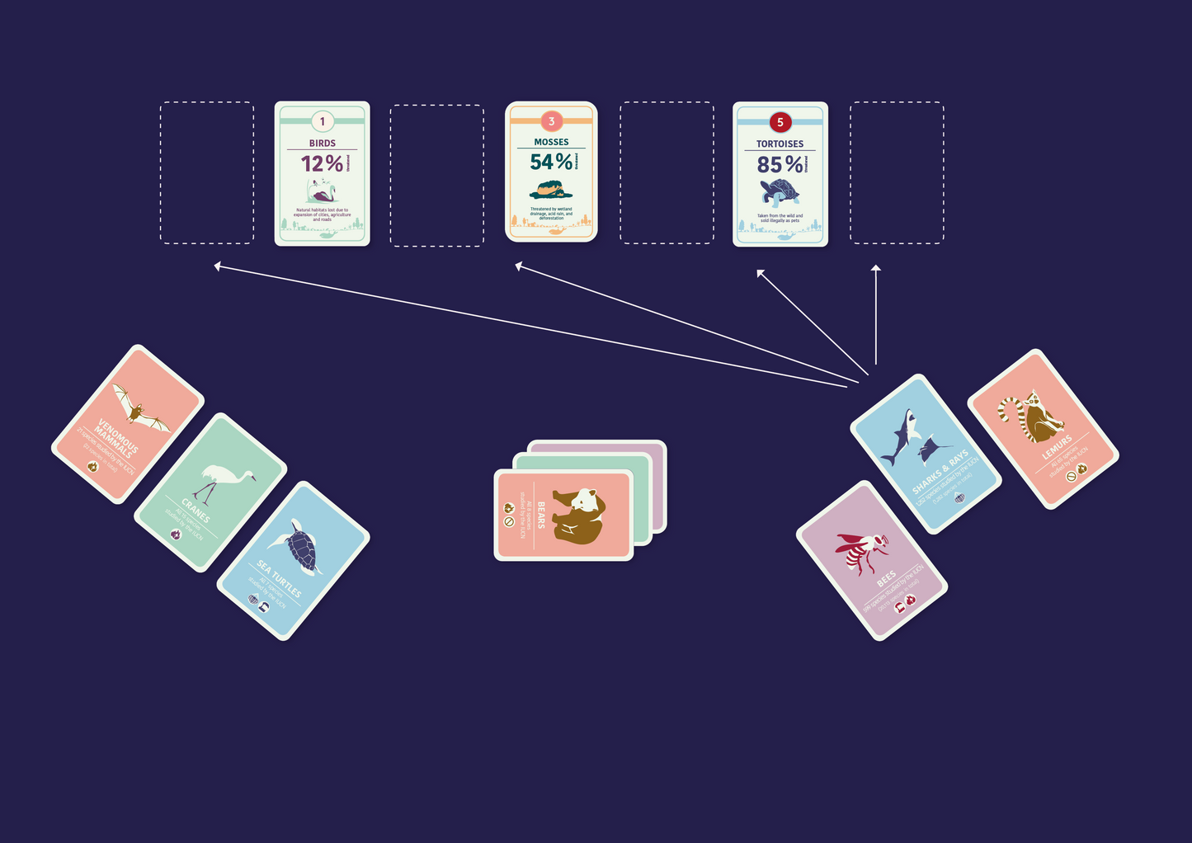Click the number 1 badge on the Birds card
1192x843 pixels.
[323, 121]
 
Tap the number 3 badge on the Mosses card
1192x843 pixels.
[551, 121]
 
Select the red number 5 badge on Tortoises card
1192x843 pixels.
[780, 122]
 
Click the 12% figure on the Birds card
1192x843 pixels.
[322, 163]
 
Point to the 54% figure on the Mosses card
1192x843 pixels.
[550, 162]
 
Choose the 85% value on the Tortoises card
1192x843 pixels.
[780, 165]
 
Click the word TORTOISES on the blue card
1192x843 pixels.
[780, 144]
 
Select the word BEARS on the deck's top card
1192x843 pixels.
[541, 515]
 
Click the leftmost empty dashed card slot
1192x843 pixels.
[207, 172]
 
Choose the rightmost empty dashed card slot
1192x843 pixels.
[897, 172]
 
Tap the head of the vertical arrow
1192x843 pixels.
[876, 268]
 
